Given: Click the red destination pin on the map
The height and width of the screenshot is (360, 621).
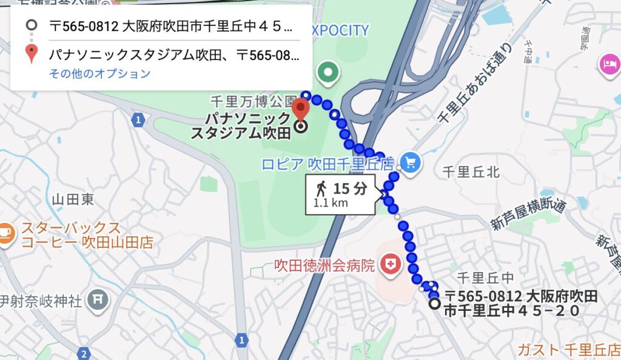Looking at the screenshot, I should tap(301, 109).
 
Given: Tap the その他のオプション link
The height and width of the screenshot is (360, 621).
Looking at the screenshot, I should tap(99, 74).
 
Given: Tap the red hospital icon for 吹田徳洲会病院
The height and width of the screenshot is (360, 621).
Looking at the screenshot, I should tap(389, 264).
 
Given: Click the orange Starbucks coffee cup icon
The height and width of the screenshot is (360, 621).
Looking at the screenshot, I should tap(6, 233).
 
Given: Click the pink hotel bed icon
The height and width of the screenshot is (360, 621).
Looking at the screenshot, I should tap(608, 64).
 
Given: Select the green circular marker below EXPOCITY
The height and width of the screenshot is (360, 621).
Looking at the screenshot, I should tap(329, 73).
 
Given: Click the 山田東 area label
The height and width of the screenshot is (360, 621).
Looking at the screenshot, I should tap(73, 198).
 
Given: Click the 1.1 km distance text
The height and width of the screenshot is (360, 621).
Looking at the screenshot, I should tap(331, 203).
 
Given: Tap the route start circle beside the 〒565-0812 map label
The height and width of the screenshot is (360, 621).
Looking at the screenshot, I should tap(434, 304).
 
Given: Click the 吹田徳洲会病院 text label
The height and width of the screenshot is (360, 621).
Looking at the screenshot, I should tap(324, 265).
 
